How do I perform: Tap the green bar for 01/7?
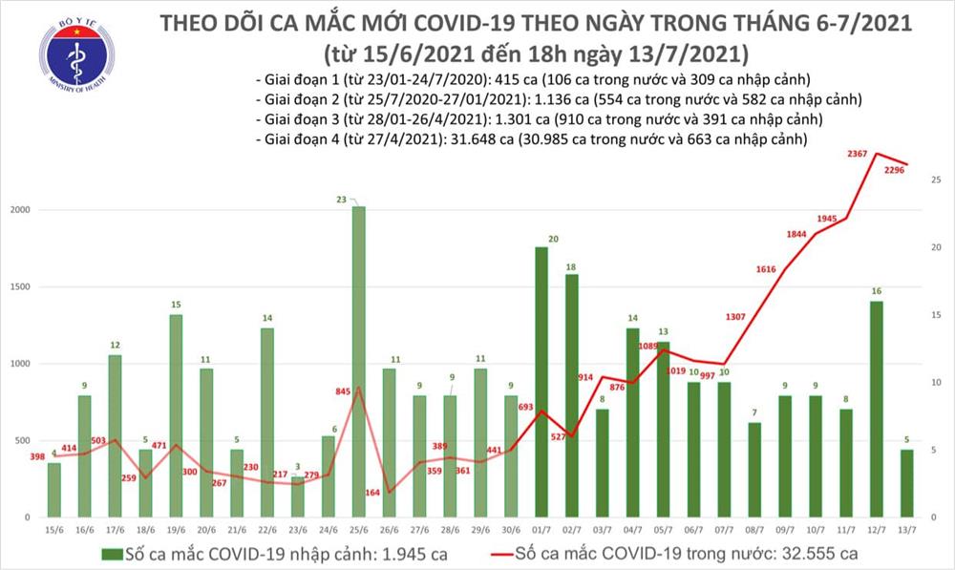click(x=541, y=382)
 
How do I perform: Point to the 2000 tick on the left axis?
click(x=21, y=210)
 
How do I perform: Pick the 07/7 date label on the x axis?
click(x=723, y=527)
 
